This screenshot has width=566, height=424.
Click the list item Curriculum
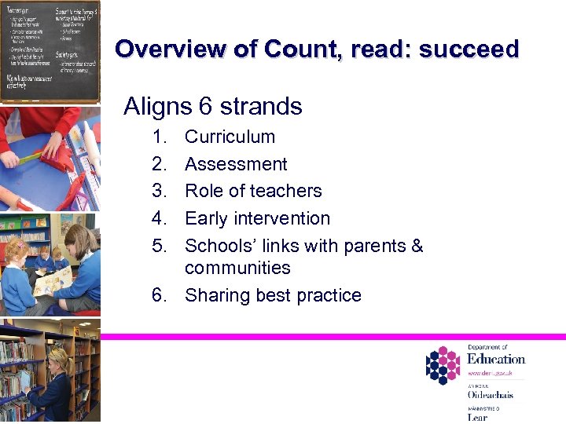[230, 137]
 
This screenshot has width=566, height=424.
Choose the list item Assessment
[236, 164]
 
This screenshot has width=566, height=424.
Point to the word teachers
[286, 191]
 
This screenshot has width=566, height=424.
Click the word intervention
[281, 218]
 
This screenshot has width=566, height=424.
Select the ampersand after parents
[417, 246]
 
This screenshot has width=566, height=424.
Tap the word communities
[237, 268]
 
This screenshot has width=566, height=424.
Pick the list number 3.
[160, 191]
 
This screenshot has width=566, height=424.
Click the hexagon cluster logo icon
[443, 366]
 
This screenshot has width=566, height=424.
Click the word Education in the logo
[495, 359]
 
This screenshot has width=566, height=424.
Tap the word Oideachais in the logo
[490, 395]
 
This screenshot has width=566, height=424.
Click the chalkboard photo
[50, 50]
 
